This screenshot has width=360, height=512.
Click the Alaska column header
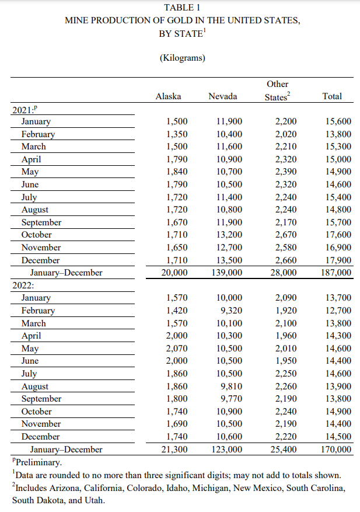[x=168, y=96]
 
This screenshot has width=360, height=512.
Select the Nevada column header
[x=222, y=96]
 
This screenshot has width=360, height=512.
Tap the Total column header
[x=332, y=96]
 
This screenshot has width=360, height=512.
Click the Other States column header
[x=277, y=90]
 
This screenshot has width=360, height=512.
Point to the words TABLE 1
[x=181, y=8]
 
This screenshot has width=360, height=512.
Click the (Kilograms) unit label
[x=181, y=58]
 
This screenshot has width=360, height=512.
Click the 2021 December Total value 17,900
[x=337, y=260]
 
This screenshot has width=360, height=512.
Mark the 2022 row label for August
[x=35, y=386]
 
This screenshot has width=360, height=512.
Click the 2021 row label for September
[x=41, y=222]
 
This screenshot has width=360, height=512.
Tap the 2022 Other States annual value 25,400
[x=282, y=450]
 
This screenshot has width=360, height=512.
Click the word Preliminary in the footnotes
[x=37, y=462]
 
